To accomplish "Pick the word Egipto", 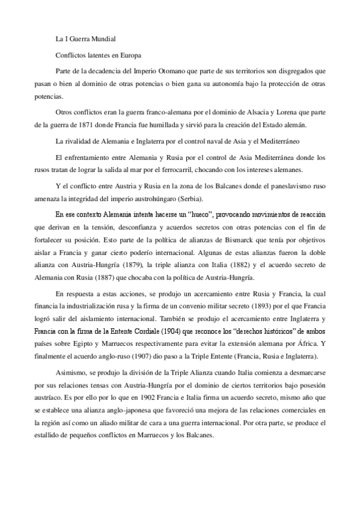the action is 101,343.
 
